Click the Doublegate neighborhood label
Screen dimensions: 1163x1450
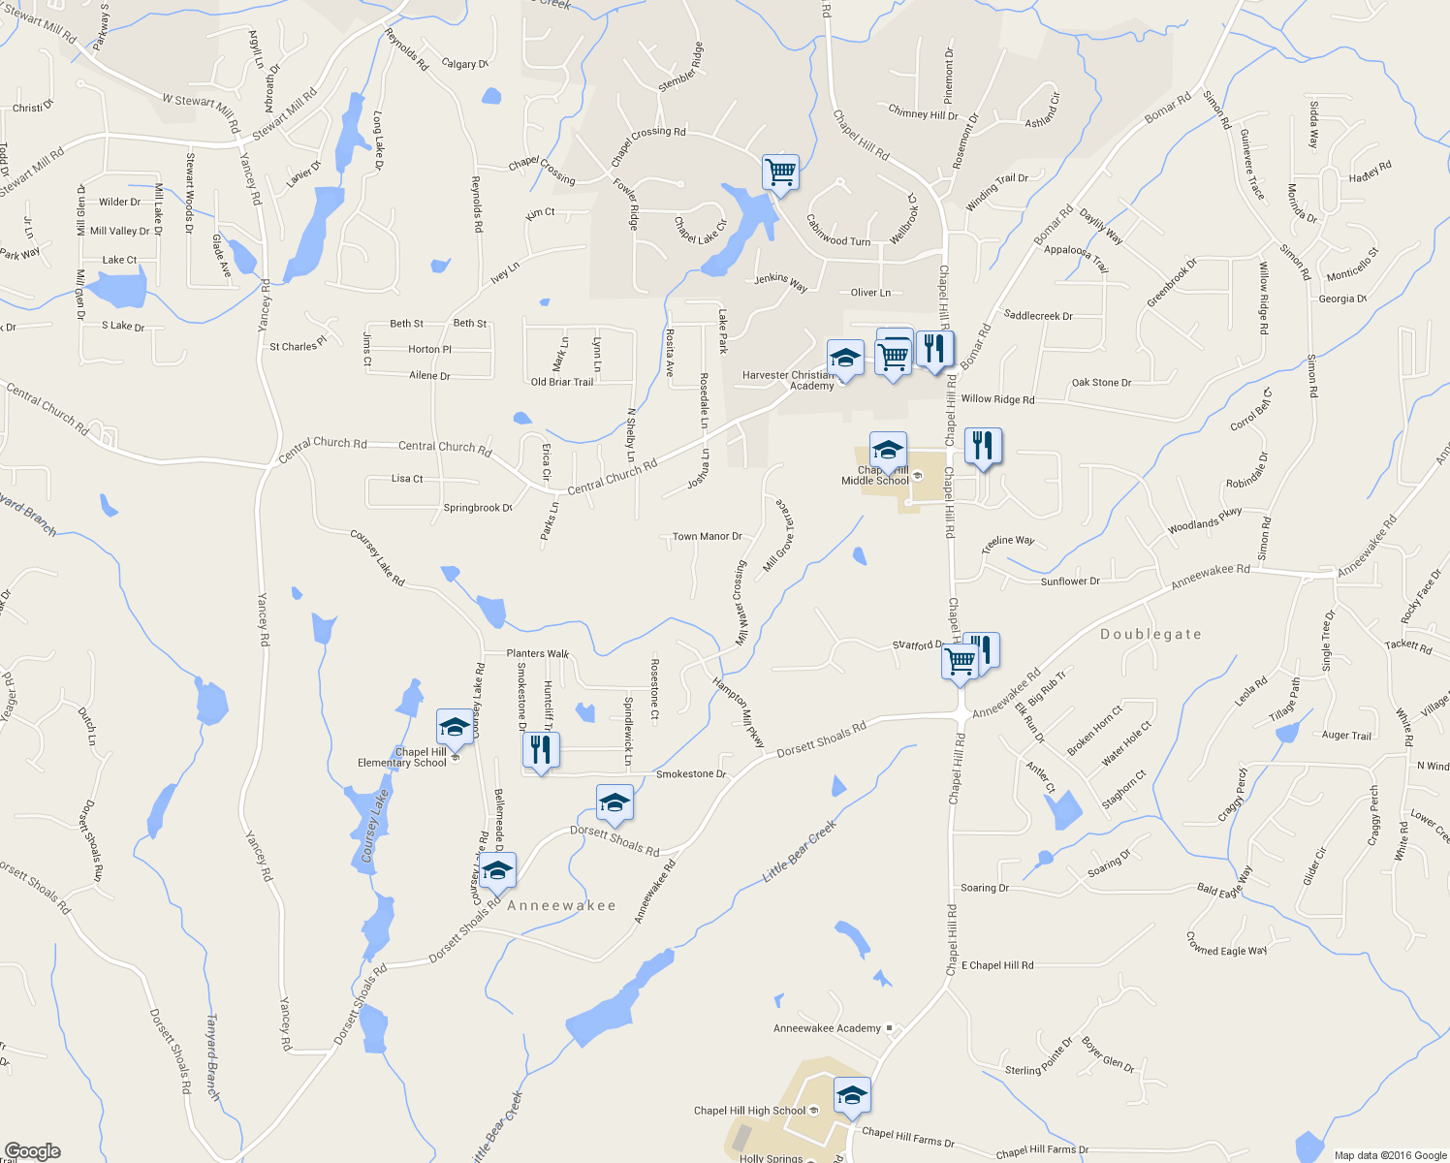click(1151, 634)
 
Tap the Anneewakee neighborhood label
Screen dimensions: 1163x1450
click(561, 905)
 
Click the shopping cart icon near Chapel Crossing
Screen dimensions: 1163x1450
click(780, 173)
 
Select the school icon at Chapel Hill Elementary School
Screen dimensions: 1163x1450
click(454, 727)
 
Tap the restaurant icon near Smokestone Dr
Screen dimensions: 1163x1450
click(541, 749)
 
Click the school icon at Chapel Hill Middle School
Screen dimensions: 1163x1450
click(888, 451)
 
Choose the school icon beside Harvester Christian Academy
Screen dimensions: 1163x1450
click(845, 359)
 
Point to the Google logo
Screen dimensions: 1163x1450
click(32, 1151)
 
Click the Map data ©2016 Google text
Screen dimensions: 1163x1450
click(1390, 1155)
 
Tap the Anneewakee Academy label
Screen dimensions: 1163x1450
click(827, 1028)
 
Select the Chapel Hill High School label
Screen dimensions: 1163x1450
click(749, 1111)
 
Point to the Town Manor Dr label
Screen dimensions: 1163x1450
click(707, 536)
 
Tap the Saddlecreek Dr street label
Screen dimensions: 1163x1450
click(1038, 316)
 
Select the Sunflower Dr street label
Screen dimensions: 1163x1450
click(1070, 581)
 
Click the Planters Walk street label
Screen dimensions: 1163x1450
click(538, 653)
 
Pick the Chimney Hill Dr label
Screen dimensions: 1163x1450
click(923, 113)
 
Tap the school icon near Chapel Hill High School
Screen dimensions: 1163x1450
click(851, 1095)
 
